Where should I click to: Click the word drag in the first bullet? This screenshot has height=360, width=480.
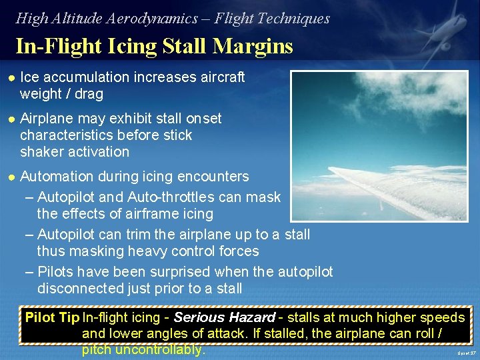[x=89, y=94]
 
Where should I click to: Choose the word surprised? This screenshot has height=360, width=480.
[x=179, y=272]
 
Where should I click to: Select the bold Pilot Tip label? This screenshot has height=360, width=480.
[x=52, y=317]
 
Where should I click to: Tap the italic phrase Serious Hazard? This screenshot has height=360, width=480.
[x=224, y=317]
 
